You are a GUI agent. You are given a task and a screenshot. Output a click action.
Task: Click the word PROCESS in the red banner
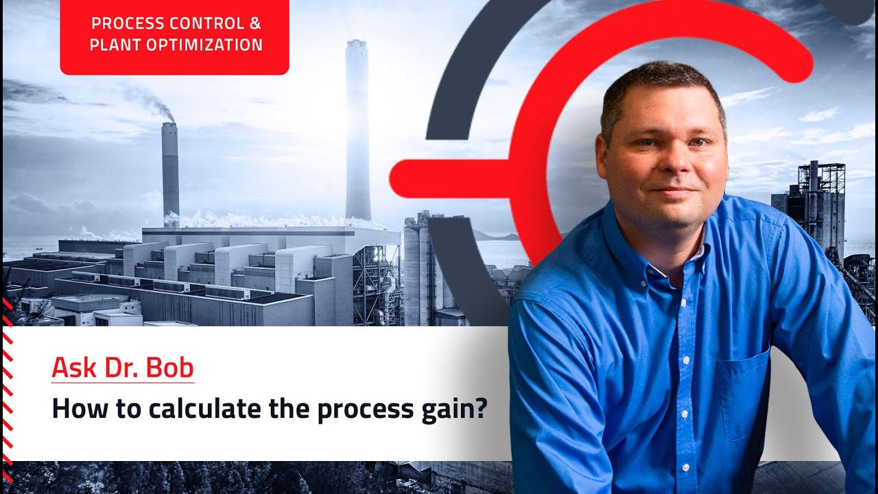121,23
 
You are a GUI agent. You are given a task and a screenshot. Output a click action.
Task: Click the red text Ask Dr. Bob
123,368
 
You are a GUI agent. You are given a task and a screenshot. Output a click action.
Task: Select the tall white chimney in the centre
357,130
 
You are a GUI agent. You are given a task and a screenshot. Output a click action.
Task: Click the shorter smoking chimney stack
170,172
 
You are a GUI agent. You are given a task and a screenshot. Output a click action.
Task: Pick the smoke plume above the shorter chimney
154,103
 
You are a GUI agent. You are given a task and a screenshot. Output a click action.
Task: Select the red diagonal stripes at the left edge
7,384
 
